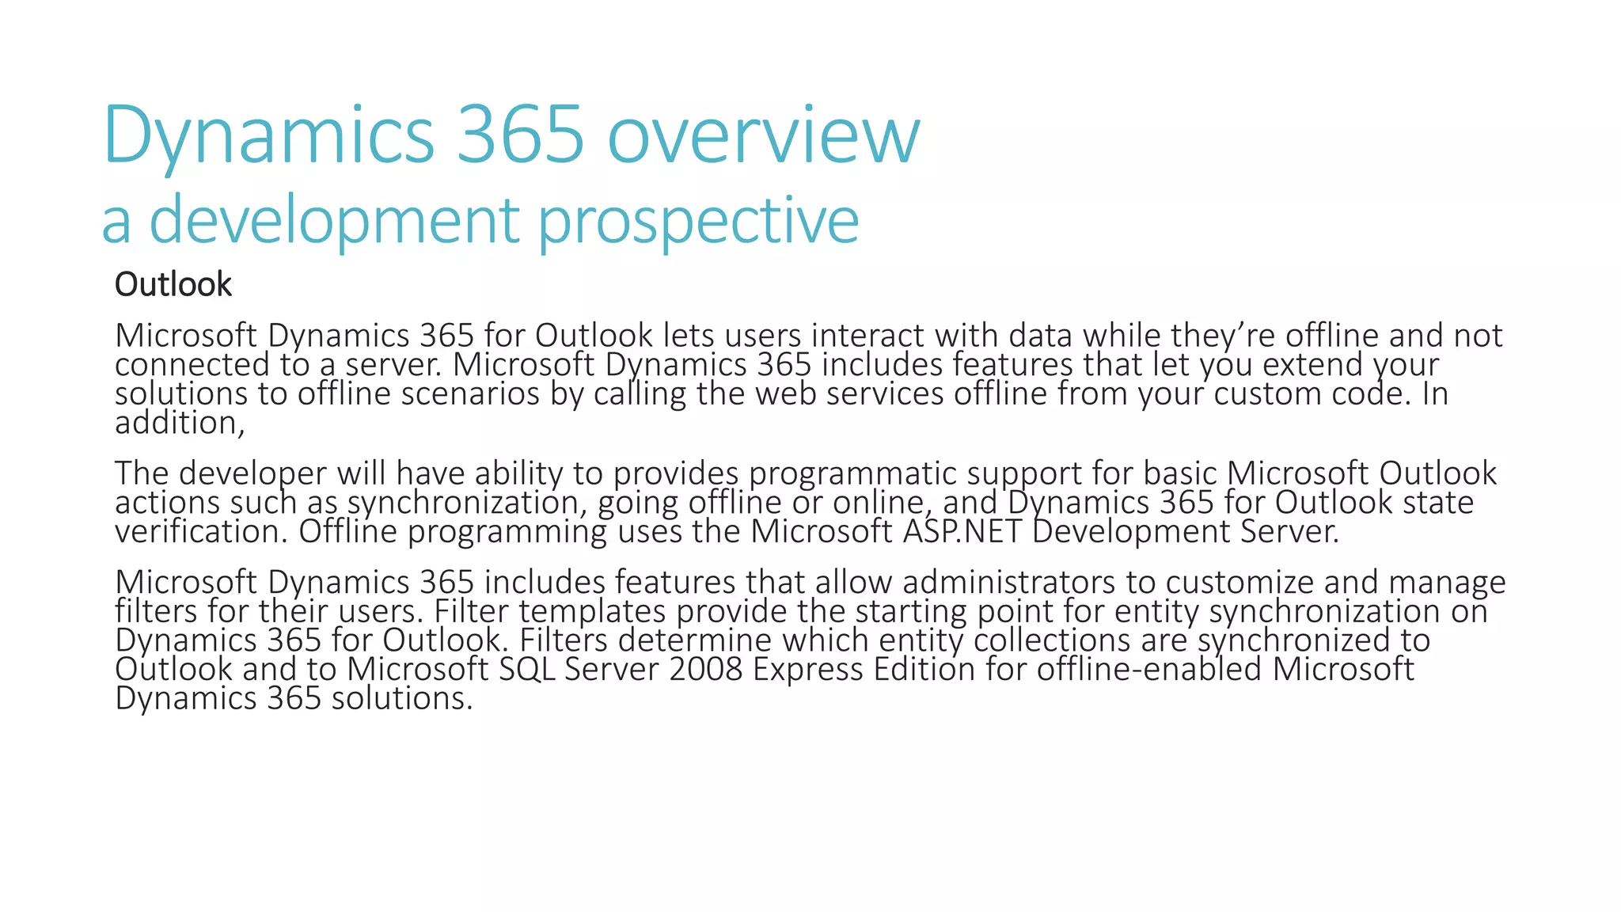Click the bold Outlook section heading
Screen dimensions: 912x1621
tap(173, 285)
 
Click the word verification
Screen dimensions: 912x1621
tap(201, 531)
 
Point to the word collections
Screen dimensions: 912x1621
tap(1052, 640)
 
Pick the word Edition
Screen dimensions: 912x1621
tap(924, 669)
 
